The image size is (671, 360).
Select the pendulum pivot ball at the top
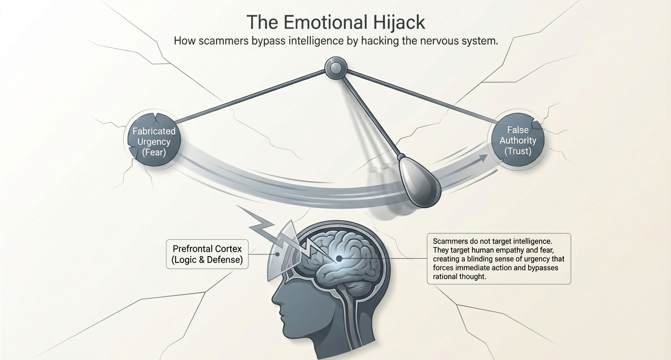(x=335, y=68)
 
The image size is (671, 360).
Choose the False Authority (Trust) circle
(x=517, y=140)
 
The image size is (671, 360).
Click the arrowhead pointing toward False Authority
(x=483, y=158)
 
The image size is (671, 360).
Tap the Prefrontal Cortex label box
(x=207, y=254)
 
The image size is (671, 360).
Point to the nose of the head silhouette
(x=275, y=299)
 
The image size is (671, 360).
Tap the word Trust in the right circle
(x=517, y=151)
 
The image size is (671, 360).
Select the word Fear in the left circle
(x=154, y=152)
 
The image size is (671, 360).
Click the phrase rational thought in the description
(x=459, y=277)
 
